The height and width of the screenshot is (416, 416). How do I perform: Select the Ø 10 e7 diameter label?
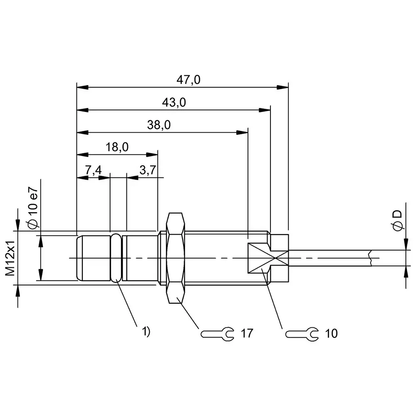(33, 207)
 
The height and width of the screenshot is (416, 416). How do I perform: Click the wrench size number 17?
(247, 333)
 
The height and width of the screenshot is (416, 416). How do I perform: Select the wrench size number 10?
(332, 333)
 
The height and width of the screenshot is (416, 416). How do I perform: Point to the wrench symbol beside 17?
(217, 333)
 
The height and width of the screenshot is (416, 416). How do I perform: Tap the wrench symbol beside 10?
(302, 333)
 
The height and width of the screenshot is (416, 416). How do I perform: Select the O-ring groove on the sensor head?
(116, 258)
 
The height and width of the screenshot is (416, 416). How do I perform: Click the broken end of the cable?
(370, 258)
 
